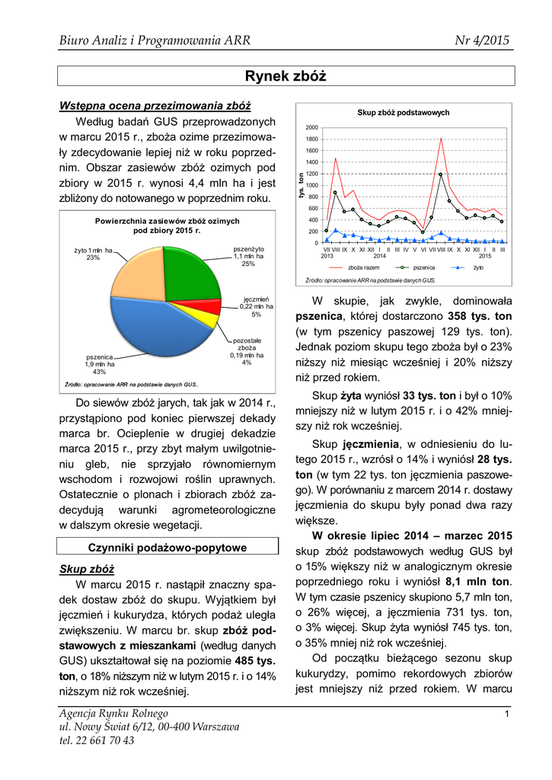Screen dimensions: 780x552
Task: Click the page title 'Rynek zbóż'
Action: point(285,75)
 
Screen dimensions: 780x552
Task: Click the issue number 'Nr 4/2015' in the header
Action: point(481,40)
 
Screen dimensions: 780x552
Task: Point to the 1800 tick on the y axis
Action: point(312,139)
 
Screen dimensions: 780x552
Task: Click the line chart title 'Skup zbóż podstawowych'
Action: point(404,113)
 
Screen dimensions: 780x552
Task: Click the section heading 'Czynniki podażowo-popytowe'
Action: point(166,547)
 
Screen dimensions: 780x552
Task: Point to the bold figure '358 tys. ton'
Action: point(477,315)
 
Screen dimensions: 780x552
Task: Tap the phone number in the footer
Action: point(96,740)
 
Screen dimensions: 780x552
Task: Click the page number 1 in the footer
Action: point(506,714)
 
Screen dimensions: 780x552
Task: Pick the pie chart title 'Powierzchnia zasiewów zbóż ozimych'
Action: point(167,221)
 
